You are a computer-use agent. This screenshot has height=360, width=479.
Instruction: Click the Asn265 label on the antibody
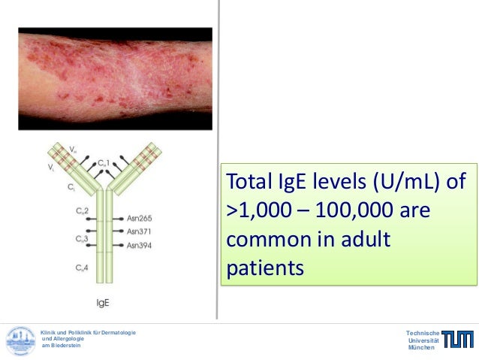(x=140, y=218)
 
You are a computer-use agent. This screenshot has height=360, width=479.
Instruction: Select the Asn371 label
(x=140, y=231)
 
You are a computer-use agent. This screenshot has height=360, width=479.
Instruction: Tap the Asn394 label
(x=140, y=245)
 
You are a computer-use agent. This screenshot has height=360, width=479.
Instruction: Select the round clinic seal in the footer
(x=21, y=340)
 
